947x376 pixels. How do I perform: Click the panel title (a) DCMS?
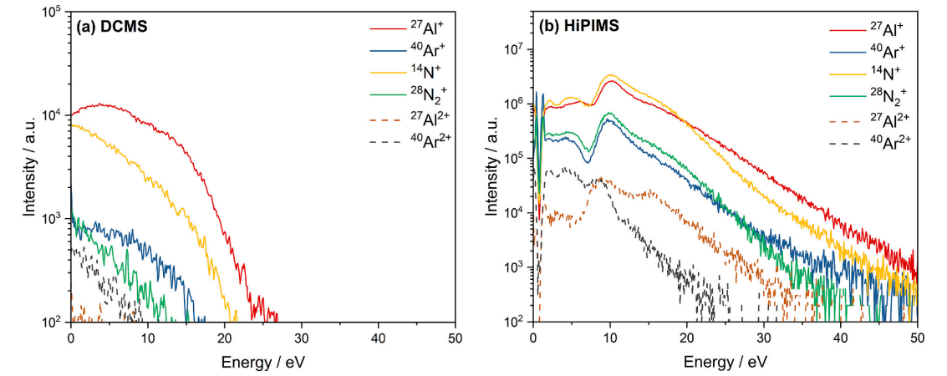tap(111, 26)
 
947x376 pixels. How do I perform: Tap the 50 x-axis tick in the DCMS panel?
tap(456, 337)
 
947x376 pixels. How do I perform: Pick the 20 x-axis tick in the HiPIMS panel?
tap(687, 337)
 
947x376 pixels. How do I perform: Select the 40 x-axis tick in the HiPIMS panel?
tap(841, 337)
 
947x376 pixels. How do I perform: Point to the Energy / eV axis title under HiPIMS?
tap(726, 361)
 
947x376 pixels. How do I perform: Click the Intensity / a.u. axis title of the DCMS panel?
tap(30, 168)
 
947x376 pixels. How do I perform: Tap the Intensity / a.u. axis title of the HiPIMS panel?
tap(492, 168)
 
